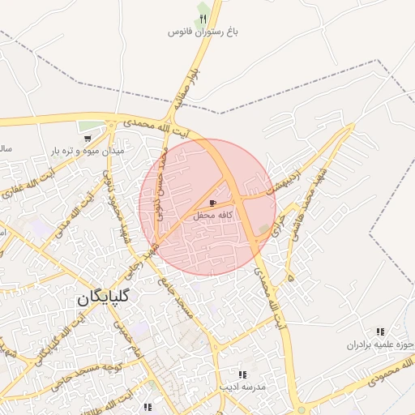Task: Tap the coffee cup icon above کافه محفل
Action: (213, 203)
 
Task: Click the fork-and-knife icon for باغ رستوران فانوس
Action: (203, 19)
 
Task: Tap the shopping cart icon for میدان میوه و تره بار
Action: (87, 138)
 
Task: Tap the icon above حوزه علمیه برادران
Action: (380, 332)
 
